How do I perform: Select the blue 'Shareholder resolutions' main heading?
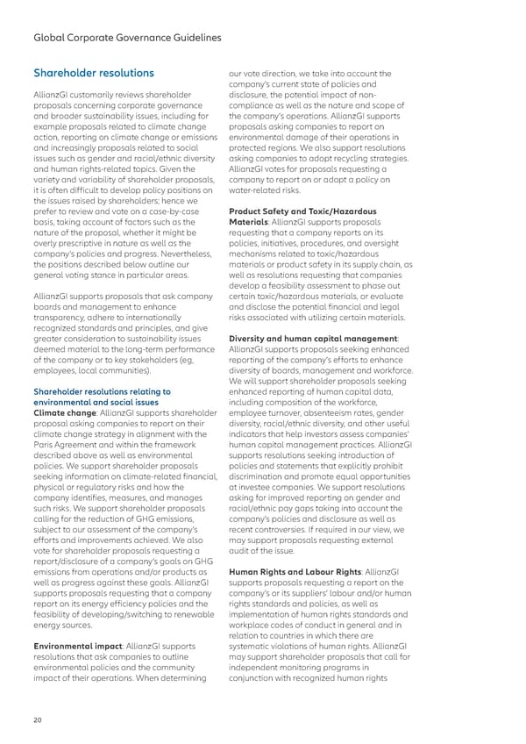point(93,73)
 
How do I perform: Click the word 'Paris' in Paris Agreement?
point(43,447)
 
